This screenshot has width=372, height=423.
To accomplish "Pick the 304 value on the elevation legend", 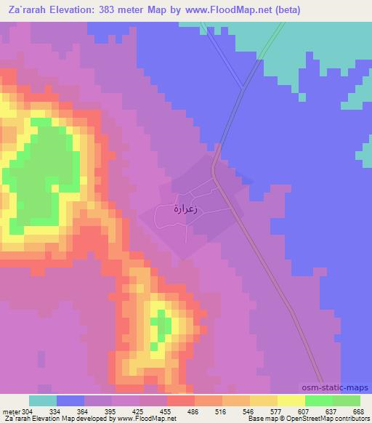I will coord(28,411).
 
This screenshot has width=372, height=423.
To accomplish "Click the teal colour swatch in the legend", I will coord(43,400).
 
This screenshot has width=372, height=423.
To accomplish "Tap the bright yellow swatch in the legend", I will coord(291,400).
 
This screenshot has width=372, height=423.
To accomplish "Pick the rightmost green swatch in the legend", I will coord(347,400).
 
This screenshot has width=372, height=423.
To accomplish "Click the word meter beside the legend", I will coord(9,411).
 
